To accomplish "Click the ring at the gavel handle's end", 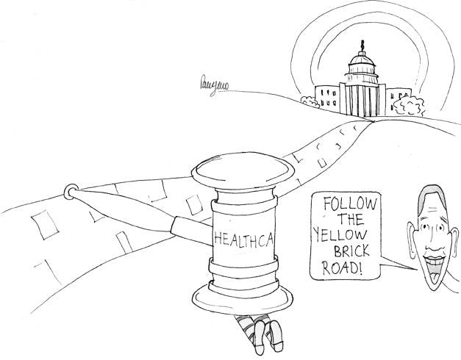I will pyautogui.click(x=71, y=192).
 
